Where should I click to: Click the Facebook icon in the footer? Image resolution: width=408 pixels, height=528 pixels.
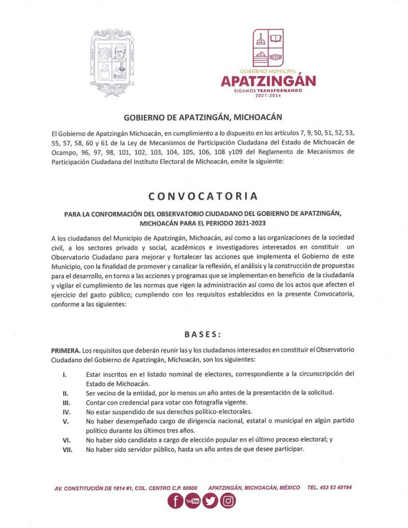(175, 501)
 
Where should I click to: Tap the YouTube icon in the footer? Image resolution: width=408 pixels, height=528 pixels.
(192, 501)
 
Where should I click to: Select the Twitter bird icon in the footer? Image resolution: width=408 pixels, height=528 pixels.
(210, 501)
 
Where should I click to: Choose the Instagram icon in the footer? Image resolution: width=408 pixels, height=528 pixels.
(227, 501)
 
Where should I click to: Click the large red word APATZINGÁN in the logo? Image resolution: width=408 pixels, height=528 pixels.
(268, 81)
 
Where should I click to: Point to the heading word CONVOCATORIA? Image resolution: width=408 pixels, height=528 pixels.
(203, 196)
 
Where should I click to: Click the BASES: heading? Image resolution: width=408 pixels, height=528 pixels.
(203, 334)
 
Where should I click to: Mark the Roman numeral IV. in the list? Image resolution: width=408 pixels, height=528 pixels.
(67, 411)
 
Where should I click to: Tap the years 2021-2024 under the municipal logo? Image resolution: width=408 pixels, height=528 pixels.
(268, 96)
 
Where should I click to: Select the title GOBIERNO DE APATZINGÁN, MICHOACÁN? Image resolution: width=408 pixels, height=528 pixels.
(203, 118)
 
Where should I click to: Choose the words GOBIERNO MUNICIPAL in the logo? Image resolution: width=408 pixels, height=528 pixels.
(268, 70)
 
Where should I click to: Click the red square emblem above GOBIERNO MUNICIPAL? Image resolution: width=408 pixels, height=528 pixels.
(268, 47)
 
